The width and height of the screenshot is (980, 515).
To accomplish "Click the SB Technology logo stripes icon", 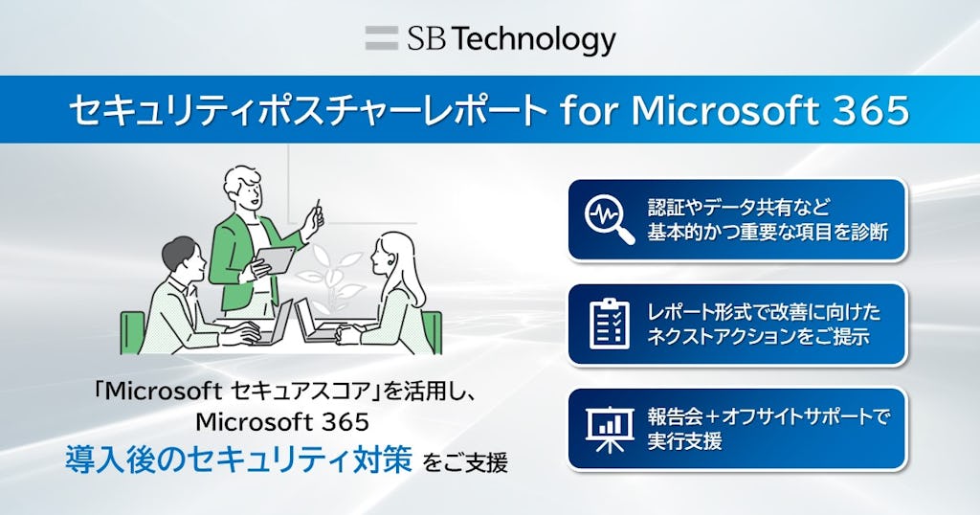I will (381, 39).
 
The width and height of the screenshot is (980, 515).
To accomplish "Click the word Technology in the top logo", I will (533, 39).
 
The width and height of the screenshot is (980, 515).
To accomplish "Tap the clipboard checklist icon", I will (609, 324).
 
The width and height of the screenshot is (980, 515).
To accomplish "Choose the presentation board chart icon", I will (609, 428).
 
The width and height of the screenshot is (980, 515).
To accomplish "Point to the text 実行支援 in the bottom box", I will (684, 441).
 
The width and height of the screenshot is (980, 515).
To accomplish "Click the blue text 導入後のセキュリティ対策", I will (239, 460).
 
